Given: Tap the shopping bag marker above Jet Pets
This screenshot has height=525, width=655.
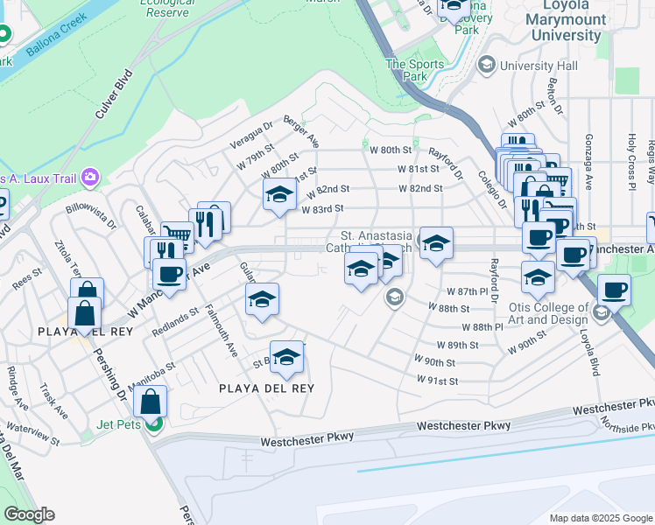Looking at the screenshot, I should click(x=151, y=402).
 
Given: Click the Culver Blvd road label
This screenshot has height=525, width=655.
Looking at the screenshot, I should click(x=113, y=94).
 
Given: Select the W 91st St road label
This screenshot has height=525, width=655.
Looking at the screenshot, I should click(x=439, y=381).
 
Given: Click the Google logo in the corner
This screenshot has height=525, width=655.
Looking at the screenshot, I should click(x=29, y=514).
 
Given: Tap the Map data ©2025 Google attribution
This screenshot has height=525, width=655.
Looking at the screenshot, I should click(x=600, y=518).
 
